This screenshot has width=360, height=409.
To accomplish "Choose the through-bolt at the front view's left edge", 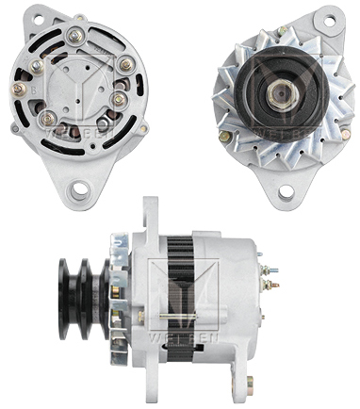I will point(223,136).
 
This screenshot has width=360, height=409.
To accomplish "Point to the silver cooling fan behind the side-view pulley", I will point(115,284).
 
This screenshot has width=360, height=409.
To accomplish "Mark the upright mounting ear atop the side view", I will point(149,215).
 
